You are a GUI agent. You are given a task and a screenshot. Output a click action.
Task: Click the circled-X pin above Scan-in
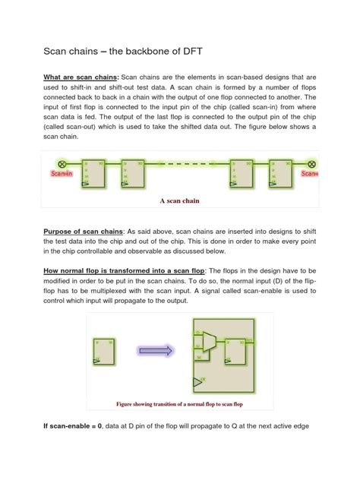pos(63,163)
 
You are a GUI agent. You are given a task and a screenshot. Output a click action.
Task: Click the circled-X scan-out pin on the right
pos(311,163)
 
